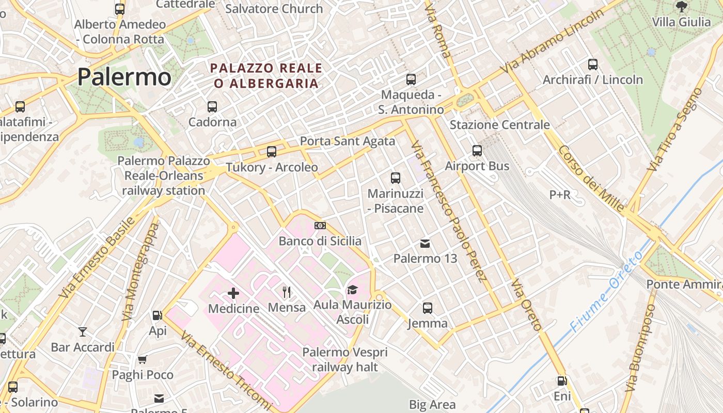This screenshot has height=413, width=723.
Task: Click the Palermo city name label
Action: [124, 77]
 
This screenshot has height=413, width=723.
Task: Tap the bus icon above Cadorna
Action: [212, 107]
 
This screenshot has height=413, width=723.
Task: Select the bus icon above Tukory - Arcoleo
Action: [272, 152]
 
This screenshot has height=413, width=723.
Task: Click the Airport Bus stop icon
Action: [477, 151]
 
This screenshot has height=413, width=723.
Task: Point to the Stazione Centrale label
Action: [499, 125]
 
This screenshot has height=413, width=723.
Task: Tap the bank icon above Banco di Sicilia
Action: [320, 226]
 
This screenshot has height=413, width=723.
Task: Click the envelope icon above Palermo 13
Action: [425, 243]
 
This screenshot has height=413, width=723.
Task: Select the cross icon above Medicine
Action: [233, 293]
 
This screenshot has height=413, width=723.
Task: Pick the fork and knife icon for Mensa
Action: [287, 292]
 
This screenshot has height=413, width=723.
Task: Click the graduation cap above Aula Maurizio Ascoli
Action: [352, 290]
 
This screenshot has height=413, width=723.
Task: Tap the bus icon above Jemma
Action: [428, 308]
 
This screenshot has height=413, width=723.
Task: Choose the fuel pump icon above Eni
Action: [561, 382]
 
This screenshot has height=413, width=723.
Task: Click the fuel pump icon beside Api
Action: [157, 315]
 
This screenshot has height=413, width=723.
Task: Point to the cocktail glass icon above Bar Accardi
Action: [83, 331]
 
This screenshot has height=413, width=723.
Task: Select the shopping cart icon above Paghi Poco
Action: [142, 359]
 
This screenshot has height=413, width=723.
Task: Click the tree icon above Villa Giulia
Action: [681, 7]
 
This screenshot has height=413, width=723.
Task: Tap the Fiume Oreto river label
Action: [607, 292]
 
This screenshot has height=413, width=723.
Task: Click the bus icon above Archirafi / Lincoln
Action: [593, 65]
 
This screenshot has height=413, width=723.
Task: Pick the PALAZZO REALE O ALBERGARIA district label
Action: [266, 75]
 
